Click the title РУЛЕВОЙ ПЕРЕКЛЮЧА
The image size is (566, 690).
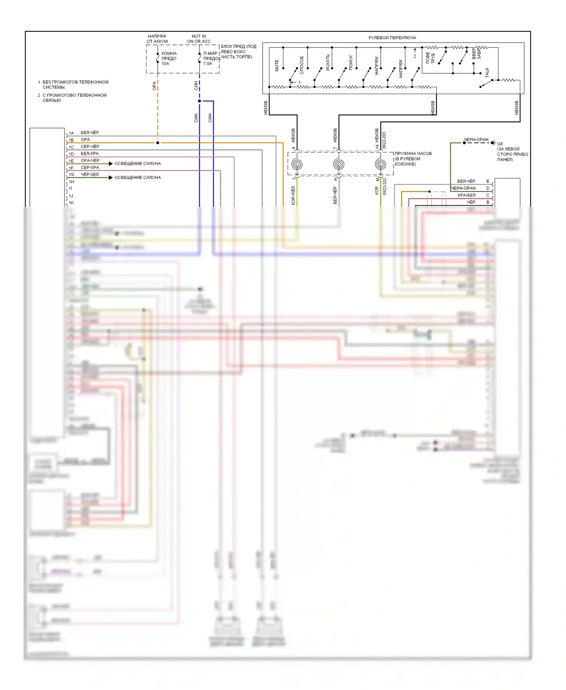click(392, 38)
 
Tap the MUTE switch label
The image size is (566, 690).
click(277, 65)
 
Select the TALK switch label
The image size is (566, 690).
click(487, 72)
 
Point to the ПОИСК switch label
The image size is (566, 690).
click(351, 62)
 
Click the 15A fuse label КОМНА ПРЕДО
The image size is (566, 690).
click(169, 56)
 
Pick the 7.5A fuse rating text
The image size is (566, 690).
click(208, 64)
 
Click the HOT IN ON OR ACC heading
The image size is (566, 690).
click(199, 39)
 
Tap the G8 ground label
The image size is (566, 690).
click(500, 144)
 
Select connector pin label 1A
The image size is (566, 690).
click(71, 133)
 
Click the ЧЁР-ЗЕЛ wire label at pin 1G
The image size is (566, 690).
click(90, 174)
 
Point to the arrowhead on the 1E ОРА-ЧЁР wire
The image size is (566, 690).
click(111, 163)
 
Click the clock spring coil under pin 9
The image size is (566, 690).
click(297, 165)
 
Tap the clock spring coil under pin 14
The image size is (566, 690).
click(380, 165)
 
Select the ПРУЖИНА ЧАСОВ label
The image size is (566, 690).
click(413, 154)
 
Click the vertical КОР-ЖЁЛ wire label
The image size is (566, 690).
click(293, 196)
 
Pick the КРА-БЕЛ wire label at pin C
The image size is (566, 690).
click(466, 195)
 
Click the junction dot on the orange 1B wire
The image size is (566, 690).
click(158, 143)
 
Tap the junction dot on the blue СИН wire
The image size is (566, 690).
click(200, 101)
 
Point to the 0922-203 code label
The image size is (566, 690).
click(384, 140)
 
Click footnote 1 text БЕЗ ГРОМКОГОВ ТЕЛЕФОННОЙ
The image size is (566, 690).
click(75, 82)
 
